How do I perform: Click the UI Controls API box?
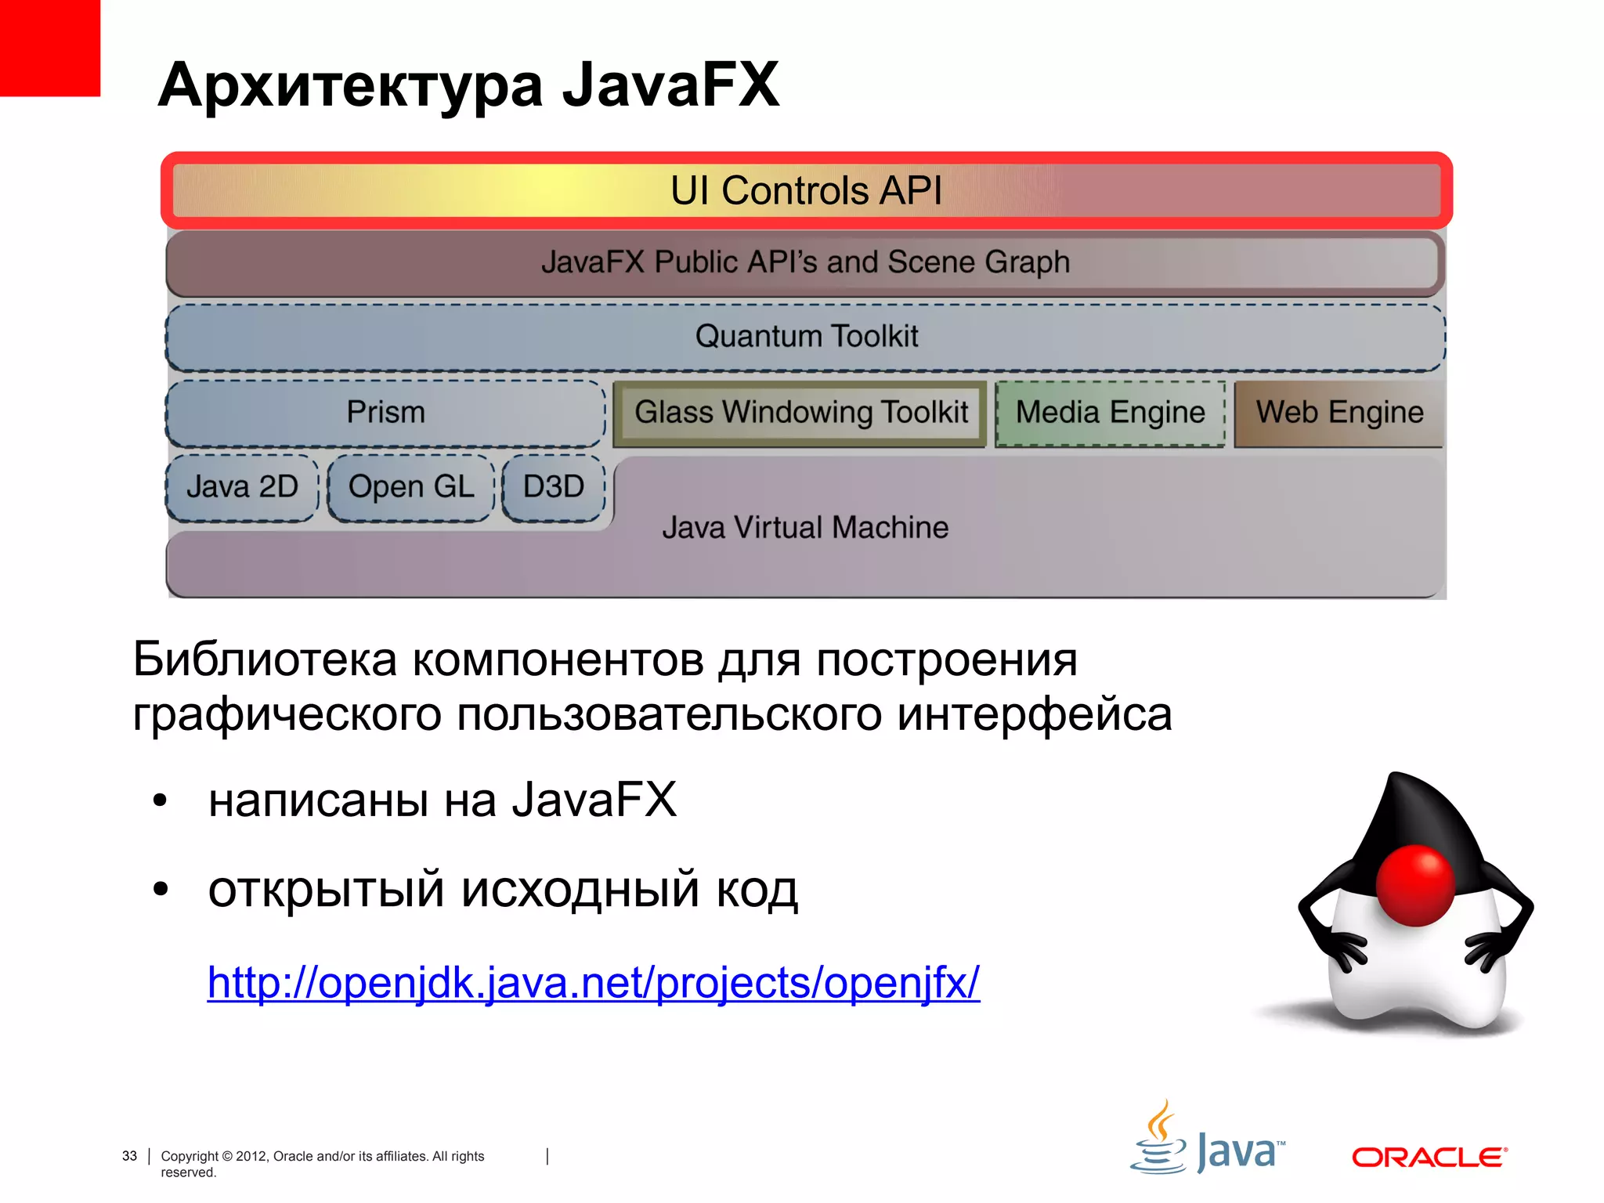[x=806, y=190]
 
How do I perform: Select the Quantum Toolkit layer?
[x=806, y=337]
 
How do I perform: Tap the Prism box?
[x=385, y=413]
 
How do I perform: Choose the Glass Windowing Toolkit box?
[x=800, y=413]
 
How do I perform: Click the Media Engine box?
[x=1110, y=413]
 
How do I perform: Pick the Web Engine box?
[x=1339, y=413]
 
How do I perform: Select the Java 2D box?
[x=242, y=487]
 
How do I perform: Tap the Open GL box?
[x=411, y=487]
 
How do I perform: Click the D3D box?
[x=554, y=487]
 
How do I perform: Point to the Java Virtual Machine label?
[x=805, y=528]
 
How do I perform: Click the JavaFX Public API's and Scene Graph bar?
[x=806, y=262]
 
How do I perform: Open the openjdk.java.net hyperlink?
[x=593, y=982]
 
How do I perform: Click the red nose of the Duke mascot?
[x=1415, y=885]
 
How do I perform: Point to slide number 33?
[x=129, y=1156]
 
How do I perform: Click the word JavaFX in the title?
[x=670, y=85]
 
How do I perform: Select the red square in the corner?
[x=49, y=47]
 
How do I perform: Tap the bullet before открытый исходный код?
[x=161, y=890]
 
